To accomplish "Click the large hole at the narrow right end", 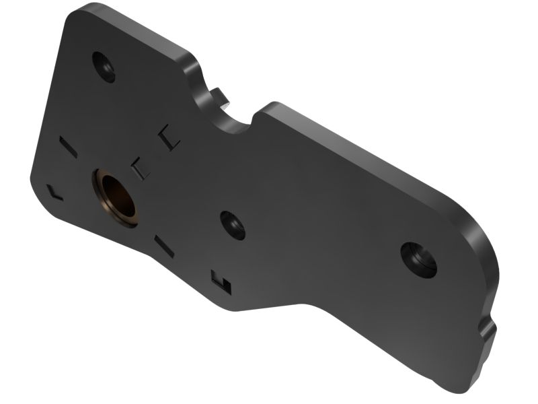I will click(x=418, y=259).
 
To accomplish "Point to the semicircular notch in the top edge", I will click(x=230, y=120).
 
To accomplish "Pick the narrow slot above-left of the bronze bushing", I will click(x=69, y=146).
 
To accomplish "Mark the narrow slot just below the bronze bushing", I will click(x=164, y=246).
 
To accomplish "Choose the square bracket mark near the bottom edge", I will click(x=221, y=281).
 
